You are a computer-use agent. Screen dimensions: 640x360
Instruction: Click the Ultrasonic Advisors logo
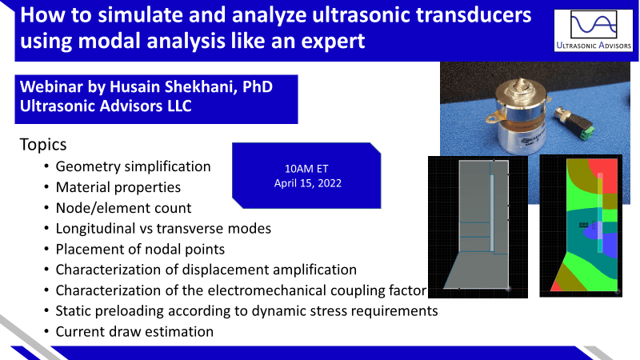pyautogui.click(x=594, y=30)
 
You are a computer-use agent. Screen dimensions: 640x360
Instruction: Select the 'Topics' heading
pyautogui.click(x=43, y=145)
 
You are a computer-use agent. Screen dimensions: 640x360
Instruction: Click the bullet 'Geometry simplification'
pyautogui.click(x=133, y=166)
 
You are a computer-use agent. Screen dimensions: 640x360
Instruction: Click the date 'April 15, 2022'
pyautogui.click(x=308, y=183)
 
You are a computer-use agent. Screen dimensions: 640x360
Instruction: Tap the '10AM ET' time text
pyautogui.click(x=306, y=169)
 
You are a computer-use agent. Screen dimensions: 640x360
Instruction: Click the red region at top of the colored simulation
pyautogui.click(x=604, y=174)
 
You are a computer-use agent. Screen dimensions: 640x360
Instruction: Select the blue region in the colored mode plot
pyautogui.click(x=604, y=245)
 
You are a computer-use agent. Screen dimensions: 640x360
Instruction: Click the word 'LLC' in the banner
pyautogui.click(x=179, y=106)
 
